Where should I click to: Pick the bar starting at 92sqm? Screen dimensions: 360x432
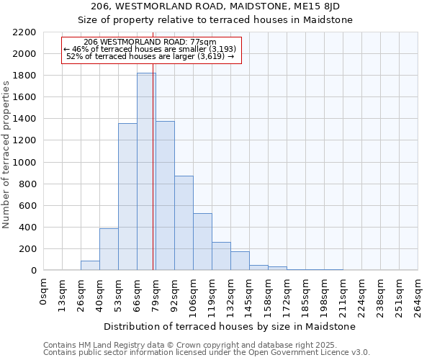click(184, 223)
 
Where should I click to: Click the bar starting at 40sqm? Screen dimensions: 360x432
click(109, 249)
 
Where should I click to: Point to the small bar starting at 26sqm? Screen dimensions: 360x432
click(90, 265)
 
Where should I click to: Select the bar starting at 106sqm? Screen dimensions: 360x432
click(202, 242)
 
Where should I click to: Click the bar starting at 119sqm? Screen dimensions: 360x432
click(221, 256)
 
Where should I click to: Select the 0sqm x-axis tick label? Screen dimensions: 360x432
click(45, 292)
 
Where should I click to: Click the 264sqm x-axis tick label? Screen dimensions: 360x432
click(418, 295)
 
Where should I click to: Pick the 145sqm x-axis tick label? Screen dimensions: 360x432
click(250, 295)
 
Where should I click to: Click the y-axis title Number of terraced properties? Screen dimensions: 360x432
click(6, 155)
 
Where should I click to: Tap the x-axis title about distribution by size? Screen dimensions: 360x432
click(231, 326)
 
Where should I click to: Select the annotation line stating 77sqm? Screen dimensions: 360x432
click(150, 42)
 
